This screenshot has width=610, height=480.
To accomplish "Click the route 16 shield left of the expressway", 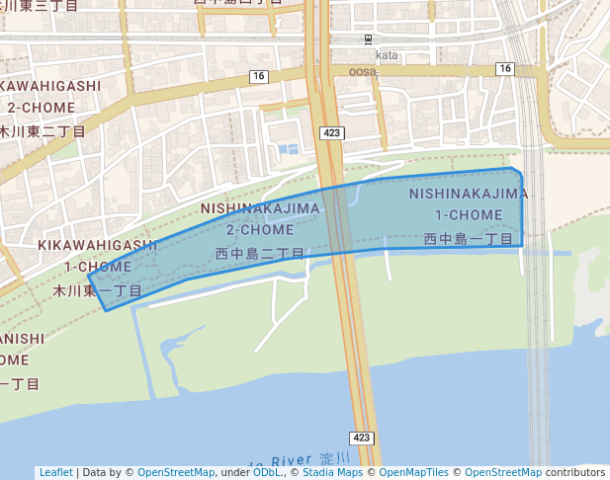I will click(259, 76).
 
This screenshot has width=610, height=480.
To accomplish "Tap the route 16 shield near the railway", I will click(505, 68).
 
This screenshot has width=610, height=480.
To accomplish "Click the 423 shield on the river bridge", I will click(361, 438).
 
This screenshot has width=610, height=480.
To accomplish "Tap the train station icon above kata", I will click(369, 40).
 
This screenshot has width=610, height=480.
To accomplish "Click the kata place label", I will click(387, 55).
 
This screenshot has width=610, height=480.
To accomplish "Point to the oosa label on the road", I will click(363, 71).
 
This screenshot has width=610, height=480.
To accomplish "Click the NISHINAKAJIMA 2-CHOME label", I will click(260, 219).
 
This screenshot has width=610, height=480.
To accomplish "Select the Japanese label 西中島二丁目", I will click(260, 254).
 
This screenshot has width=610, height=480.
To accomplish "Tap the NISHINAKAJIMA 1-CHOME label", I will click(468, 203).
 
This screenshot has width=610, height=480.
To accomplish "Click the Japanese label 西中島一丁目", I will click(468, 239).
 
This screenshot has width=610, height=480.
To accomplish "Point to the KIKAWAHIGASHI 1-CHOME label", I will click(97, 256).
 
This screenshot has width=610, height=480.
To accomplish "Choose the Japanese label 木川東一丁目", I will click(97, 291).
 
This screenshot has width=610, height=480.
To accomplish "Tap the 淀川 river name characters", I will click(335, 459).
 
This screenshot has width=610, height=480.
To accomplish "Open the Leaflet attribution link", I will click(55, 473).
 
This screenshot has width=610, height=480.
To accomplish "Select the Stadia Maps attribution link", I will click(330, 473).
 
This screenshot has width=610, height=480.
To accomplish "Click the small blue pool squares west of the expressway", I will click(288, 149).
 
